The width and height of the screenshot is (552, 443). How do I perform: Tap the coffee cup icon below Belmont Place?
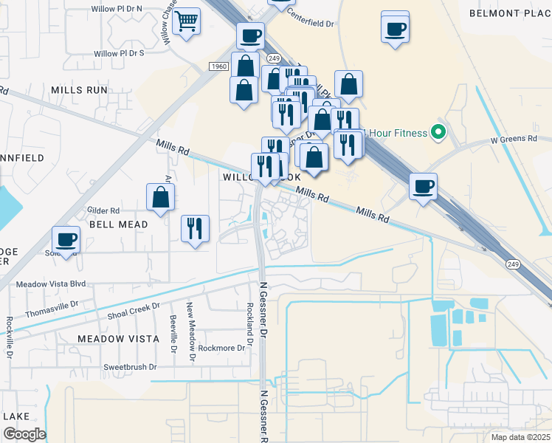pyautogui.click(x=396, y=29)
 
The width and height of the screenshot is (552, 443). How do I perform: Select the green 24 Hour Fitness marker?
pyautogui.click(x=438, y=133)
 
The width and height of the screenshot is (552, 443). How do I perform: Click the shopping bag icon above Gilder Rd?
pyautogui.click(x=160, y=197)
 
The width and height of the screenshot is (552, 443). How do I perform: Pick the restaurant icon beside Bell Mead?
pyautogui.click(x=195, y=229)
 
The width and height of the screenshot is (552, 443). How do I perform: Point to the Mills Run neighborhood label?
pyautogui.click(x=79, y=89)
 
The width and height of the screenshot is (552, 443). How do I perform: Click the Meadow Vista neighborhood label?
pyautogui.click(x=118, y=338)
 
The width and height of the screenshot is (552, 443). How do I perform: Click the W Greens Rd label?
pyautogui.click(x=517, y=140)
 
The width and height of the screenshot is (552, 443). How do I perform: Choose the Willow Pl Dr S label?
pyautogui.click(x=119, y=53)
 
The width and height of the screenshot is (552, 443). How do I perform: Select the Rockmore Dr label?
pyautogui.click(x=221, y=348)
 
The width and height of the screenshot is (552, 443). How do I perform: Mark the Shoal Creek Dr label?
pyautogui.click(x=134, y=311)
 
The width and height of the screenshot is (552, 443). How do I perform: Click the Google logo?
pyautogui.click(x=24, y=433)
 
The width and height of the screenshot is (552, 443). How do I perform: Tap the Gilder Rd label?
pyautogui.click(x=103, y=210)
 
